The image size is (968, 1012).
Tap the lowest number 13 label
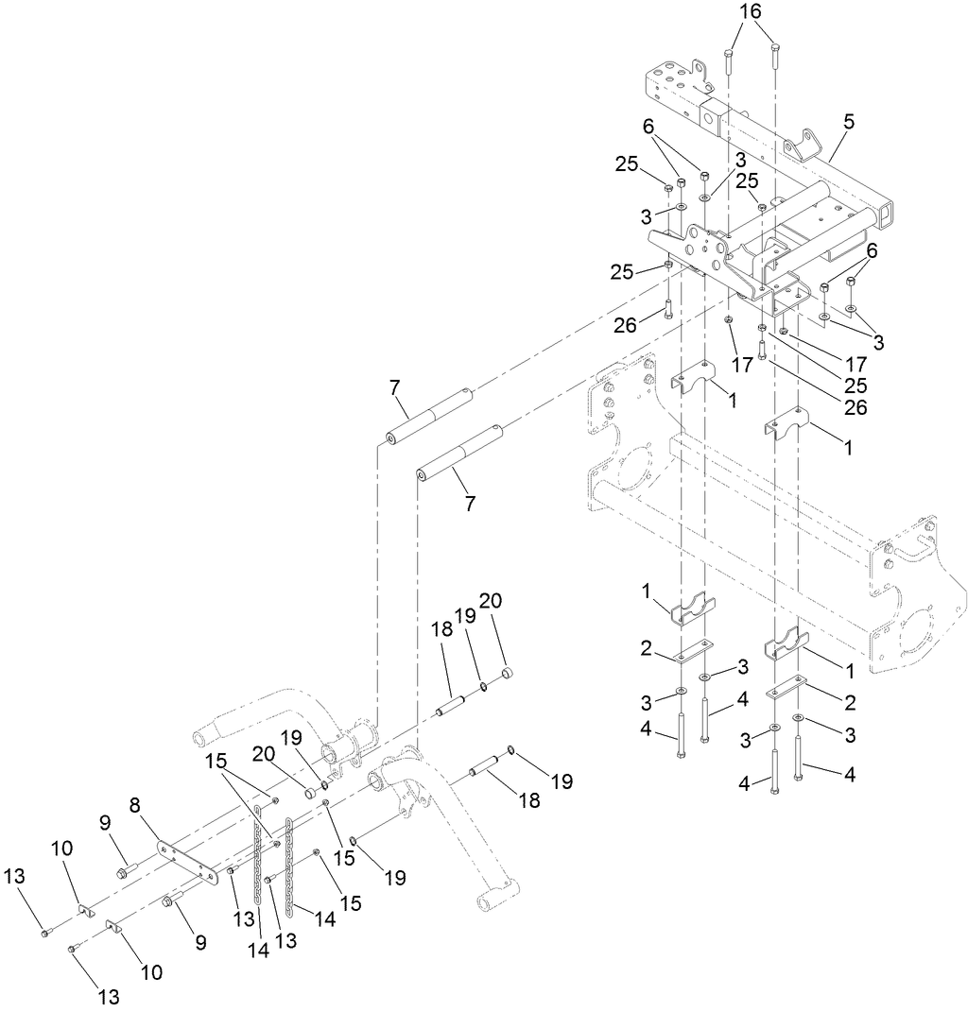[110, 996]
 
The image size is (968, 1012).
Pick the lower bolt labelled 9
[170, 901]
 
